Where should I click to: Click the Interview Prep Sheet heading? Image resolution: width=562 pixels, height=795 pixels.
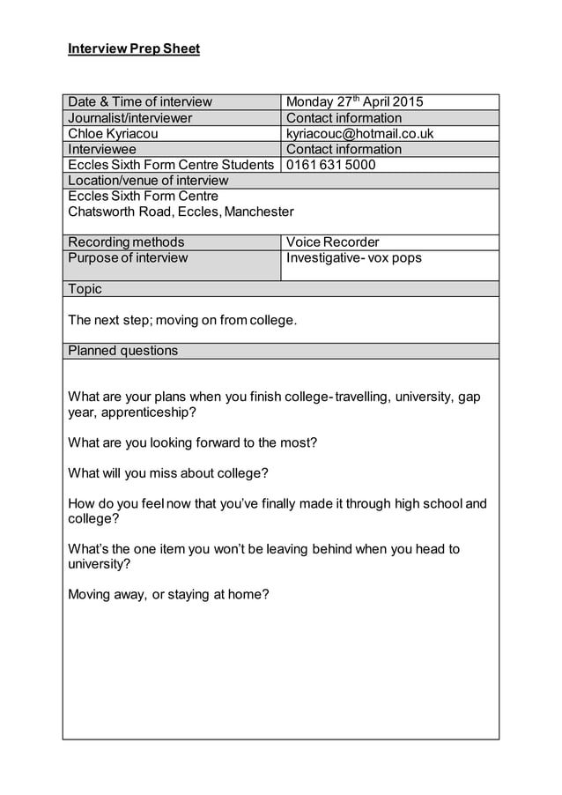pyautogui.click(x=134, y=48)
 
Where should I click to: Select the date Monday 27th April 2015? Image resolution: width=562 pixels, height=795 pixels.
pyautogui.click(x=355, y=101)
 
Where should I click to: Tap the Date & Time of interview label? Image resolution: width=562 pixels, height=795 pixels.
pyautogui.click(x=140, y=101)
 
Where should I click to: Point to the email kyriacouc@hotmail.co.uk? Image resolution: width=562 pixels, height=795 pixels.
pyautogui.click(x=359, y=134)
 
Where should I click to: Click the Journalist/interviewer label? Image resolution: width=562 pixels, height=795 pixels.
pyautogui.click(x=130, y=118)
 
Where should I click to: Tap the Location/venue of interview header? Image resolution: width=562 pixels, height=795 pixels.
pyautogui.click(x=148, y=181)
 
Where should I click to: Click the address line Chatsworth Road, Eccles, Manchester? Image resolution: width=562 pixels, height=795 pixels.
pyautogui.click(x=181, y=212)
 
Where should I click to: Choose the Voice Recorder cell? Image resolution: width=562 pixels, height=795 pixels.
pyautogui.click(x=333, y=241)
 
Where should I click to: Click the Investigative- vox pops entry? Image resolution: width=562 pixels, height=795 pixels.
pyautogui.click(x=354, y=258)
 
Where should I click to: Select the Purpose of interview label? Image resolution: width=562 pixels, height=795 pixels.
pyautogui.click(x=129, y=258)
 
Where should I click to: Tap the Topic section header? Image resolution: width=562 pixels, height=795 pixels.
pyautogui.click(x=85, y=289)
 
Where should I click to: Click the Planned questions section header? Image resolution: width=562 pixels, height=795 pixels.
pyautogui.click(x=123, y=351)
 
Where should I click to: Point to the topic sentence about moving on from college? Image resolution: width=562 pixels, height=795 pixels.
pyautogui.click(x=182, y=320)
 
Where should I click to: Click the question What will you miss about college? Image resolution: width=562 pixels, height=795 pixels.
pyautogui.click(x=168, y=473)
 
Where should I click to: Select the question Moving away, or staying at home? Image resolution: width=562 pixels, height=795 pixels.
pyautogui.click(x=168, y=594)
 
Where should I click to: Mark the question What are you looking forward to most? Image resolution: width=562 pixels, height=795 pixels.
pyautogui.click(x=192, y=442)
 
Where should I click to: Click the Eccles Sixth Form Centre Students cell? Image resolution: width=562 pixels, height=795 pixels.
pyautogui.click(x=171, y=165)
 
